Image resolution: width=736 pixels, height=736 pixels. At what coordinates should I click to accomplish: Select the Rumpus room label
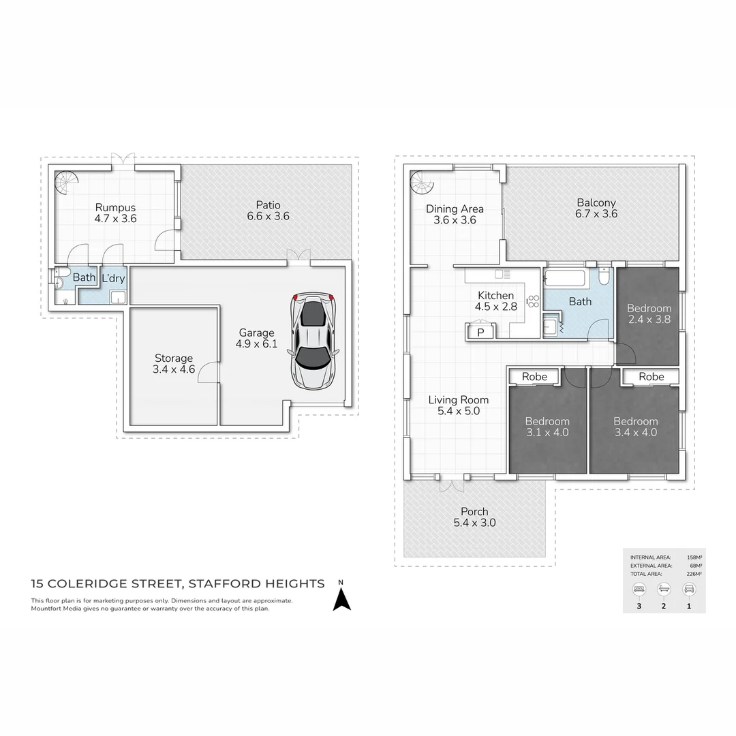[115, 208]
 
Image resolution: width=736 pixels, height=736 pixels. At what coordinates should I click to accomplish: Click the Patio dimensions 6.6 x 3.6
[269, 217]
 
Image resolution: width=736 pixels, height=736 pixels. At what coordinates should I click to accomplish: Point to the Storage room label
[174, 358]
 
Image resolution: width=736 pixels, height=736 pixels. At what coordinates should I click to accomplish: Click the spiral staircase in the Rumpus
[67, 183]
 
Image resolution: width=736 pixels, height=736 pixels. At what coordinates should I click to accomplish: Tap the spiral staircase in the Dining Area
[423, 183]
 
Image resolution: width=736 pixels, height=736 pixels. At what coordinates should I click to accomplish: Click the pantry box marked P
[480, 333]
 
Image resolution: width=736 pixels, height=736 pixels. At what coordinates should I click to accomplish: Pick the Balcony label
[596, 202]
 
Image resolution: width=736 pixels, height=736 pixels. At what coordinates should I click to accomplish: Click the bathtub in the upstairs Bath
[566, 279]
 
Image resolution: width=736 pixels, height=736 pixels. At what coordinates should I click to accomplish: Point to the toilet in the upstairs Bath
[604, 278]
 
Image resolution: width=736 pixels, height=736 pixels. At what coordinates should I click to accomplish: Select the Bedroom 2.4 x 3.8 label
[649, 309]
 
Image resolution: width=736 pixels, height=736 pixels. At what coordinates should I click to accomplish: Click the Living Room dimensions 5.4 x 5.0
[458, 412]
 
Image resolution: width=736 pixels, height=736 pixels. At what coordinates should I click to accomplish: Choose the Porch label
[474, 512]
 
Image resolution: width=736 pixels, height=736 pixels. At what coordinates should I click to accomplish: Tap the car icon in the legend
[689, 589]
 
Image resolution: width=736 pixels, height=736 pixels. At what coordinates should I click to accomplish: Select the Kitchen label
[495, 295]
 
